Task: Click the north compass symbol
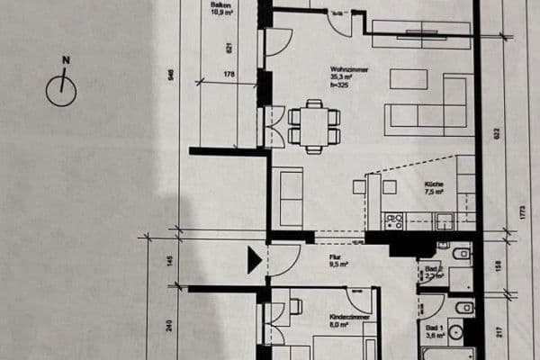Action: tap(61, 88)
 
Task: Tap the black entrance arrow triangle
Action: tap(255, 261)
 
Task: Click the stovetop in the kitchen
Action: tap(393, 220)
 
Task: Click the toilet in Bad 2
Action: tap(460, 254)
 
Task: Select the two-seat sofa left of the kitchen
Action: tap(290, 196)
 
